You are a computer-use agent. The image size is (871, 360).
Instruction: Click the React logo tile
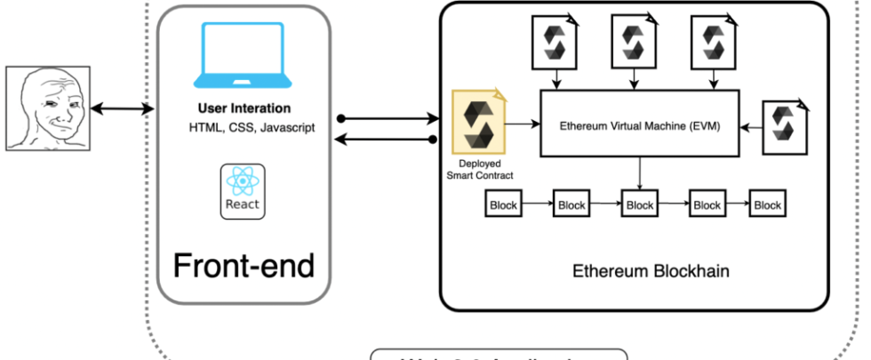coord(243,191)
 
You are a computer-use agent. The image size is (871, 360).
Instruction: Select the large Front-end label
coord(244,264)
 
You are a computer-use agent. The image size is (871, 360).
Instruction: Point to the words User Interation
coord(244,108)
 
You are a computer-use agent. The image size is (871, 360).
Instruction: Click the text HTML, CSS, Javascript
coord(252,127)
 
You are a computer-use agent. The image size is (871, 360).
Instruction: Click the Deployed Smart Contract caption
coord(480,169)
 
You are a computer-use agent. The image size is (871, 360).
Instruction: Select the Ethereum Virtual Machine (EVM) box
coord(639,125)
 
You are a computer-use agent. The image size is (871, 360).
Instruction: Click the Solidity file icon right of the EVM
coord(784,125)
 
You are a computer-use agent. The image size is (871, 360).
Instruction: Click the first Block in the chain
coord(503,205)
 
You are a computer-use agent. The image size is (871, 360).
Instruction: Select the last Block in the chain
coord(767,205)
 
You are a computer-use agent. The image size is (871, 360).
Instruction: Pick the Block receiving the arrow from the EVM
coord(640,205)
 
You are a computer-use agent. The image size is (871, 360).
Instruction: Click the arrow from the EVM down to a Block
coord(640,173)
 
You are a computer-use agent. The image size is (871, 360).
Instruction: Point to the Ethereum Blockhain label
coord(651,270)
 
